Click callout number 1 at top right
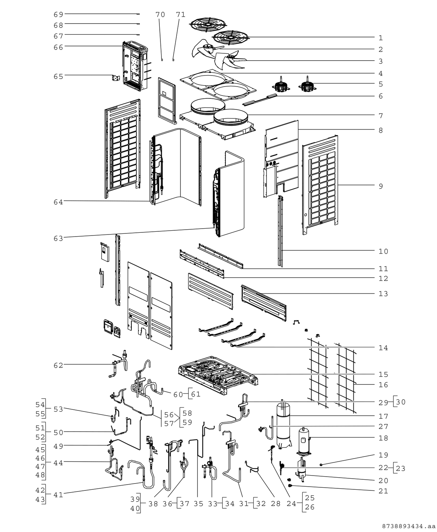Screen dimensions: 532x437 pyautogui.click(x=380, y=38)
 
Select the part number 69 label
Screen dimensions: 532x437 pyautogui.click(x=58, y=15)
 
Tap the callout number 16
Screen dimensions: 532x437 pyautogui.click(x=383, y=385)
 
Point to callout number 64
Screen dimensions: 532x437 pyautogui.click(x=58, y=202)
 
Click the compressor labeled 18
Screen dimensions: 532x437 pyautogui.click(x=303, y=441)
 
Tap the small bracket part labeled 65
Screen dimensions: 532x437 pyautogui.click(x=115, y=78)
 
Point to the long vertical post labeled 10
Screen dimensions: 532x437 pyautogui.click(x=280, y=232)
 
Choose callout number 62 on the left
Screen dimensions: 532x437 pyautogui.click(x=58, y=365)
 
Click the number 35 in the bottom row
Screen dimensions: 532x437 pyautogui.click(x=198, y=504)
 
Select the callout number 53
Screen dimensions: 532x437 pyautogui.click(x=58, y=409)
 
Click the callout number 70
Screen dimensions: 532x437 pyautogui.click(x=160, y=15)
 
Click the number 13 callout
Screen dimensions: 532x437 pyautogui.click(x=383, y=294)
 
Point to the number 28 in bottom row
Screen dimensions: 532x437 pyautogui.click(x=276, y=504)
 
